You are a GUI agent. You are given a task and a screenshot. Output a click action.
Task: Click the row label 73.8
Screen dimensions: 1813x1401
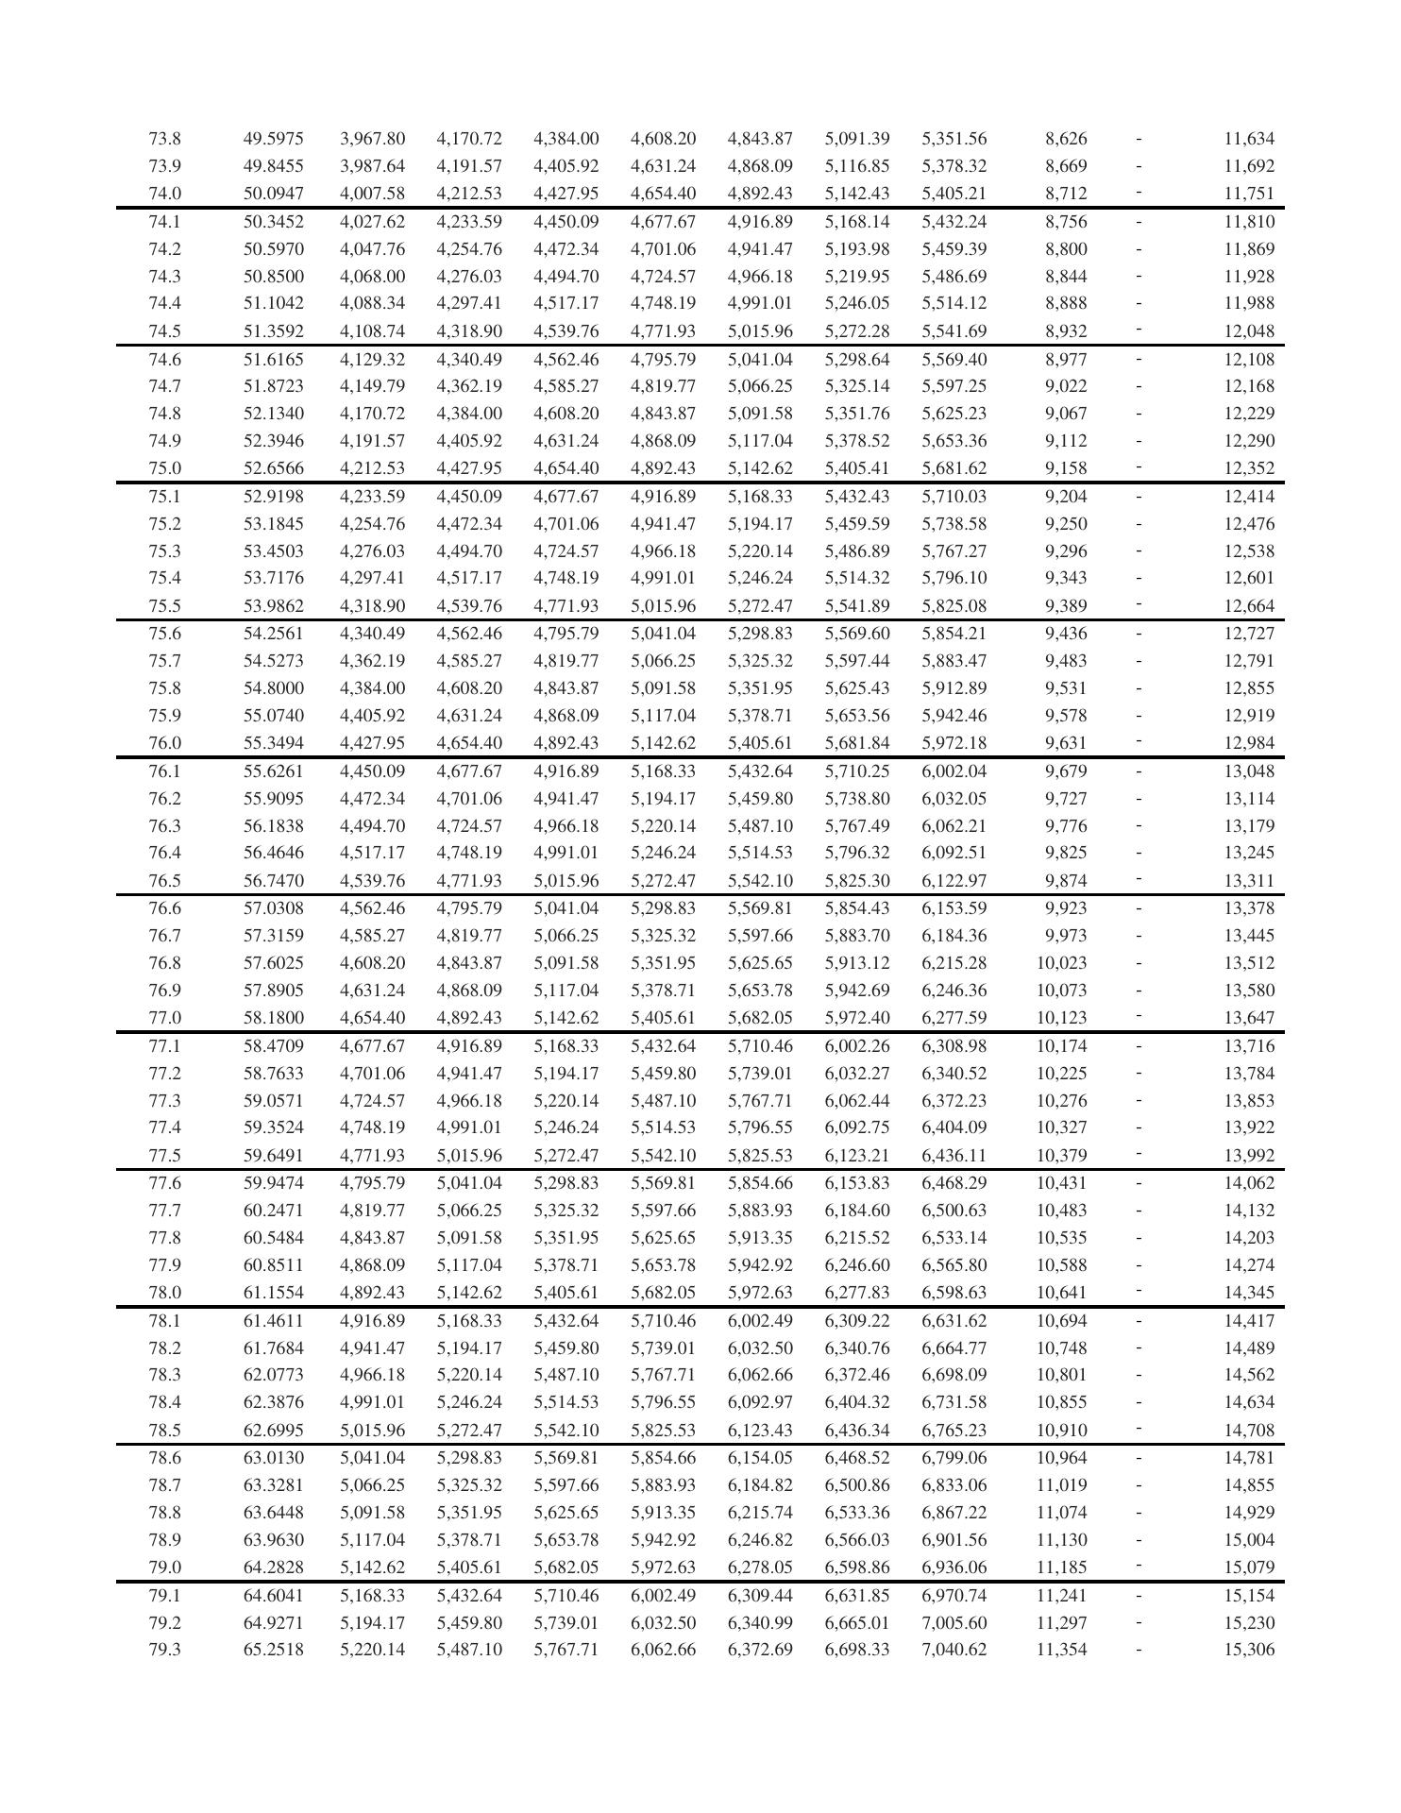pyautogui.click(x=164, y=139)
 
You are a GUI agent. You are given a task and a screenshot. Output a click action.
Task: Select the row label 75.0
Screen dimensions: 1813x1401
pyautogui.click(x=164, y=468)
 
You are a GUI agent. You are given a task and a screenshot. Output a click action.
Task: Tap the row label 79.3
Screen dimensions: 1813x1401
pyautogui.click(x=164, y=1650)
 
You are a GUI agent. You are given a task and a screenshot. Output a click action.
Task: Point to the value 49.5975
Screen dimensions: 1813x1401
pyautogui.click(x=273, y=139)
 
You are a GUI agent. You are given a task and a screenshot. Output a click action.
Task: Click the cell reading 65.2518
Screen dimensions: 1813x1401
pyautogui.click(x=273, y=1650)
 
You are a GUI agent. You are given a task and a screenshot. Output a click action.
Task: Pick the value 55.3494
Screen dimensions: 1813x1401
pyautogui.click(x=273, y=743)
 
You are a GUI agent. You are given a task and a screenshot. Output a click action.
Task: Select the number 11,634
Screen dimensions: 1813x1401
pyautogui.click(x=1248, y=139)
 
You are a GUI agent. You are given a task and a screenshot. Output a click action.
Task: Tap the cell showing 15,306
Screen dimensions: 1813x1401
pyautogui.click(x=1248, y=1650)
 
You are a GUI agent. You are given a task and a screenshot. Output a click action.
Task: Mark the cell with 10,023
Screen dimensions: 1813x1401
pyautogui.click(x=1061, y=963)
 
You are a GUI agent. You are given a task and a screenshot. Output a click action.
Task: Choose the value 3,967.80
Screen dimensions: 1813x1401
pyautogui.click(x=372, y=139)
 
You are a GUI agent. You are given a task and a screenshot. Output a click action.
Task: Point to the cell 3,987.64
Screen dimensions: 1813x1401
pyautogui.click(x=372, y=166)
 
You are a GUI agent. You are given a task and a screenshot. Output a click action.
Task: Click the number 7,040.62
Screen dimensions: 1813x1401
pyautogui.click(x=954, y=1650)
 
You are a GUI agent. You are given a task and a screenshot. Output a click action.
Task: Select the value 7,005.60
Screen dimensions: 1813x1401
pyautogui.click(x=954, y=1622)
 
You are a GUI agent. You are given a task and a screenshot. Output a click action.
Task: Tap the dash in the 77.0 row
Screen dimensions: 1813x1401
pyautogui.click(x=1139, y=1017)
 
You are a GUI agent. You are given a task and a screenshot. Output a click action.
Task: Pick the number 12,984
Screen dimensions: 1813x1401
pyautogui.click(x=1248, y=743)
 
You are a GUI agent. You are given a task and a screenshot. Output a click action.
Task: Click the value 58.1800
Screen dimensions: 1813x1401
pyautogui.click(x=273, y=1018)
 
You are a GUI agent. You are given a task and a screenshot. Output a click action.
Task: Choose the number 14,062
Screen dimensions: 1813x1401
pyautogui.click(x=1248, y=1183)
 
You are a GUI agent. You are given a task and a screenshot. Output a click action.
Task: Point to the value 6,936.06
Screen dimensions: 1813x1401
pyautogui.click(x=954, y=1567)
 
